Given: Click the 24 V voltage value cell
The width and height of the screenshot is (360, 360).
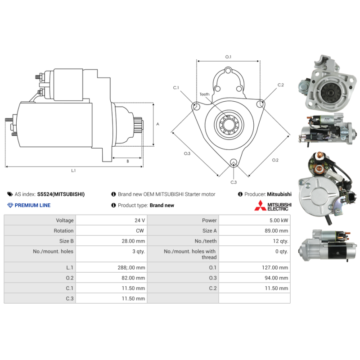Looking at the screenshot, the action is tap(139, 220).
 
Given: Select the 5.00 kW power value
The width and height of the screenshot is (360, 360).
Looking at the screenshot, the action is tap(279, 220).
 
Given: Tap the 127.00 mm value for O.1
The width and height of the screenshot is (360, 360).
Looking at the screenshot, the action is tap(275, 267).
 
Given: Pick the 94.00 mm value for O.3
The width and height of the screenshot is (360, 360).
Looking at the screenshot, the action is tap(276, 278).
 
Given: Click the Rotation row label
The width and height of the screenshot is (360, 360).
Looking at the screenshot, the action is tap(63, 231).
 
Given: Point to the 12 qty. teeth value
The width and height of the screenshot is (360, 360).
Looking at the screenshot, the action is tap(280, 241).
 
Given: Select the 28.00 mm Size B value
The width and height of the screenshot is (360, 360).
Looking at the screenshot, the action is tap(133, 241).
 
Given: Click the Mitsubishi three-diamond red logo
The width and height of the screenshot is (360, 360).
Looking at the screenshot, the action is tap(260, 206).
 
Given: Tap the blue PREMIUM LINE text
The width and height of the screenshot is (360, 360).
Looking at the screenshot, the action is tap(32, 205).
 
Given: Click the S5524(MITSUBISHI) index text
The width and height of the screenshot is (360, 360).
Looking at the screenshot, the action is tap(61, 194).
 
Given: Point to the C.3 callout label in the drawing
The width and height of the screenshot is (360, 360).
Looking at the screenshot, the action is tap(234, 182).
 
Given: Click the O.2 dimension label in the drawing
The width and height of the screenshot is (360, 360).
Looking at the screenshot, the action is tap(275, 160).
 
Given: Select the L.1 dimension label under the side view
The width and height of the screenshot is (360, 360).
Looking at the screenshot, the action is tap(73, 171).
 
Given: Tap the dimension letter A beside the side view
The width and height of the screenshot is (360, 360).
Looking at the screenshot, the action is tap(157, 124).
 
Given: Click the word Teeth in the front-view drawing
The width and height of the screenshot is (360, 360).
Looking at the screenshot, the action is tap(204, 94).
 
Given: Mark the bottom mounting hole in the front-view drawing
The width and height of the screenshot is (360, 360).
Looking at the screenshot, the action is tap(234, 162).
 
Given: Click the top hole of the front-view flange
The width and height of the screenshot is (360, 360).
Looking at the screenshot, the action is tap(228, 71).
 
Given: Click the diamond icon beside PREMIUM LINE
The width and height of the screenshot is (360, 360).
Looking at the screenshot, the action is tap(10, 205).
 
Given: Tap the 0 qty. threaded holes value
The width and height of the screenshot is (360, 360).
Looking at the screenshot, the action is tap(282, 252).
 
